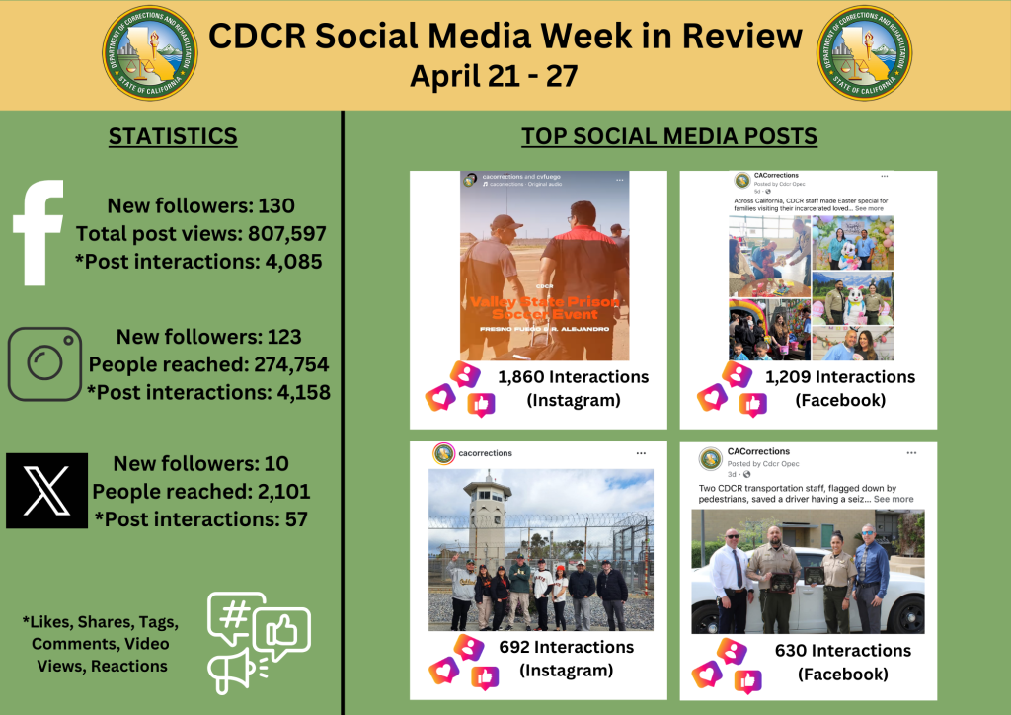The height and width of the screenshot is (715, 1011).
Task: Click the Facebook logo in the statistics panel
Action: click(39, 232)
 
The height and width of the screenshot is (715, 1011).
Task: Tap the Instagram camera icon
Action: click(44, 363)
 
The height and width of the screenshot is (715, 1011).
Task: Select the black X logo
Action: click(46, 491)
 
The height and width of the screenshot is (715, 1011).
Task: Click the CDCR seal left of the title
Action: click(150, 53)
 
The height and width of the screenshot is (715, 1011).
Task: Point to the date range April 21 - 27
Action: click(493, 76)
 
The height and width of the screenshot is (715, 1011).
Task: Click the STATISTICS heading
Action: click(174, 136)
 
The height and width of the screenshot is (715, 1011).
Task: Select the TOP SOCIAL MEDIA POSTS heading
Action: click(669, 136)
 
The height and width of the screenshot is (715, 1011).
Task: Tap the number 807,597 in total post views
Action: click(282, 234)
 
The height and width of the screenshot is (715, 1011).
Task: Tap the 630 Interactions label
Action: click(842, 650)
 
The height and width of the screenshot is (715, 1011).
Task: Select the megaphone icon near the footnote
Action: click(231, 671)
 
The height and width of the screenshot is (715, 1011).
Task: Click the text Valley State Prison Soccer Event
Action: click(545, 308)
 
